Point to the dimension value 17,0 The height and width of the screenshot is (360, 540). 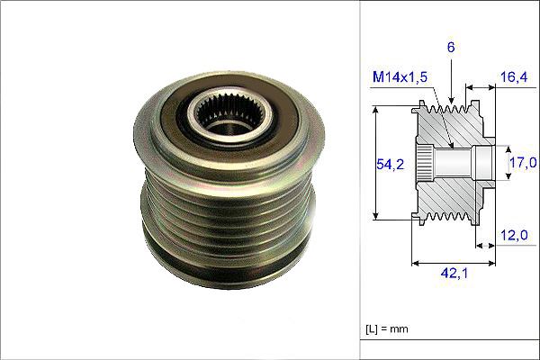(x=524, y=163)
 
